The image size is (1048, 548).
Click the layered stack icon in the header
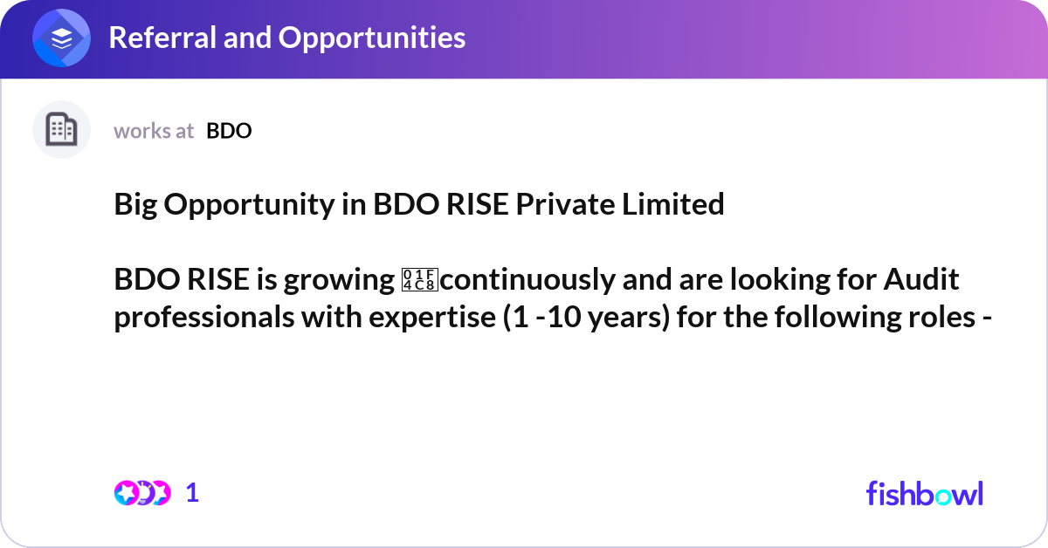tap(62, 39)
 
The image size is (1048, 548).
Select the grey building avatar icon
tap(61, 130)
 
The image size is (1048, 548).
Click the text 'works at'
tap(154, 131)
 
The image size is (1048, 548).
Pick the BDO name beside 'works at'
tap(229, 131)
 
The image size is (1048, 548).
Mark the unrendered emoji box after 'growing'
tap(411, 280)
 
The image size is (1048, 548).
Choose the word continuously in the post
tap(511, 281)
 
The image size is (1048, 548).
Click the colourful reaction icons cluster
tap(142, 493)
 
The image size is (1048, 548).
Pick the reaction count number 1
tap(192, 493)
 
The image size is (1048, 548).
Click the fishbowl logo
tap(924, 493)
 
